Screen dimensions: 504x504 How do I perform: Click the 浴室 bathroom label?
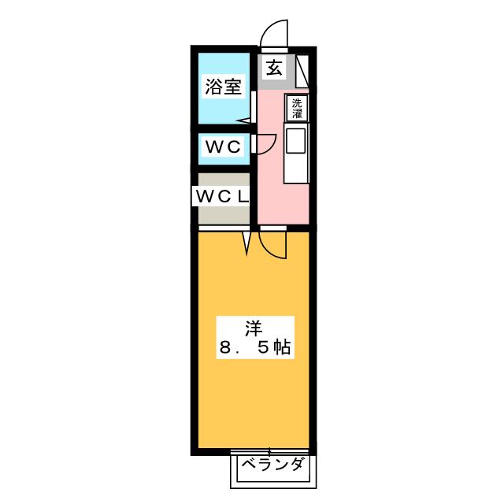coord(223,87)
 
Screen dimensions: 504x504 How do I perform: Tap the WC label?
coord(223,146)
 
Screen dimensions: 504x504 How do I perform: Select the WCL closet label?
coord(221,195)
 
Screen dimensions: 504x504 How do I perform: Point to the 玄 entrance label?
coord(273,68)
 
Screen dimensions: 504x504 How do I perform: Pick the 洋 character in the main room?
coord(251,328)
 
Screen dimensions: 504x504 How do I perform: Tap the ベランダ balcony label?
coord(272,465)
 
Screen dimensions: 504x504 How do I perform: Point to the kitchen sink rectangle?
coord(297,141)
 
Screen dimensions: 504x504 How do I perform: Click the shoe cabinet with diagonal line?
coord(304,69)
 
